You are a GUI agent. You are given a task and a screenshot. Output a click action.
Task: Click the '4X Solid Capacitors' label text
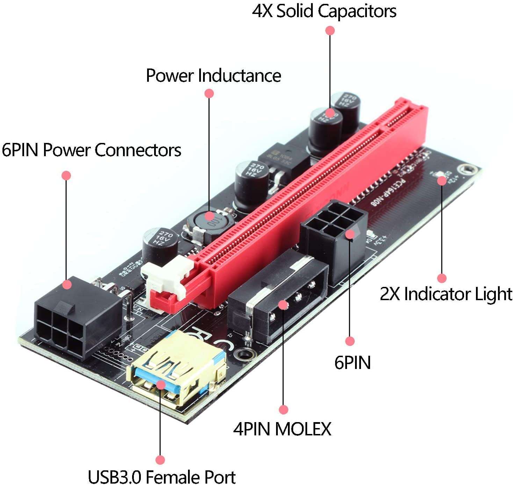[324, 11]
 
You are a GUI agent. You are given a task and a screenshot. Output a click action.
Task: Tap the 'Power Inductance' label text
[213, 75]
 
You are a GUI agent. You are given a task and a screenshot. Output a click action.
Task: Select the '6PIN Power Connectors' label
[91, 150]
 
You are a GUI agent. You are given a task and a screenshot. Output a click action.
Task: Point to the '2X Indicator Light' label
[446, 294]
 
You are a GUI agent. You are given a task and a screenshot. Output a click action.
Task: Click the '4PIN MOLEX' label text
[282, 429]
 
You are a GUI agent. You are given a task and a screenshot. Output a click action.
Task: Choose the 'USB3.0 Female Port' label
[161, 477]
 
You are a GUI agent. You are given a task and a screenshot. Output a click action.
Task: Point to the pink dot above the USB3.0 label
[160, 459]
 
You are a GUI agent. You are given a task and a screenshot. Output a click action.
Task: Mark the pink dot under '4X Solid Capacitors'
[330, 30]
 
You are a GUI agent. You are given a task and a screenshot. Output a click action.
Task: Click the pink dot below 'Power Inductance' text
[209, 93]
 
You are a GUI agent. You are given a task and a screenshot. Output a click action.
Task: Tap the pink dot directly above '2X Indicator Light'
[442, 278]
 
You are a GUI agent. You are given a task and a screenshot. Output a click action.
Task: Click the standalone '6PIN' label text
[352, 362]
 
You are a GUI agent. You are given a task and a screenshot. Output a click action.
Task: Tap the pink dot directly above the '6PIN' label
[349, 341]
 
